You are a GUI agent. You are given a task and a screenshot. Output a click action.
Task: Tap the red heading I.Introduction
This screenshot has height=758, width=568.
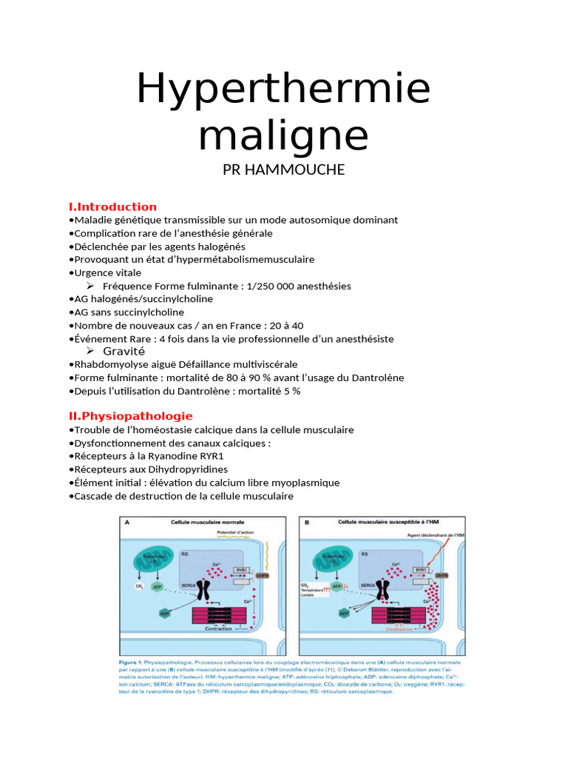(112, 207)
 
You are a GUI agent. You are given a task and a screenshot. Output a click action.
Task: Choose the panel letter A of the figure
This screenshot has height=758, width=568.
(127, 522)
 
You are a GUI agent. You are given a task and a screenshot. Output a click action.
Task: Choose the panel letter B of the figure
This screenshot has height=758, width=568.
(306, 522)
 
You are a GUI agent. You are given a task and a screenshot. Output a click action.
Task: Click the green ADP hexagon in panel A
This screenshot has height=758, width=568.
(164, 614)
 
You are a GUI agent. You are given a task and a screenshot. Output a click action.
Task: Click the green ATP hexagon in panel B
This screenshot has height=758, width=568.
(337, 587)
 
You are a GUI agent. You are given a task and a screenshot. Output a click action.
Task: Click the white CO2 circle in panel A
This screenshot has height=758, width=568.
(138, 587)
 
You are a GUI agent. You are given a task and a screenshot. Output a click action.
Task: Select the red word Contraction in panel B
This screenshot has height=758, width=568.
(400, 629)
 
